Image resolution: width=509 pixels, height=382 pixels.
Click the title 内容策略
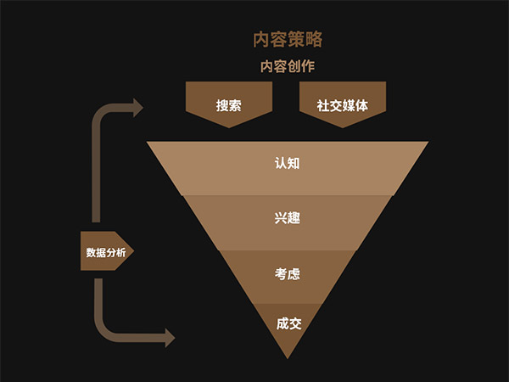click(x=288, y=39)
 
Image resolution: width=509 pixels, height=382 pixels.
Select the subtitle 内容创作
click(x=287, y=66)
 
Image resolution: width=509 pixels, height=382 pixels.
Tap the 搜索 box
click(x=228, y=106)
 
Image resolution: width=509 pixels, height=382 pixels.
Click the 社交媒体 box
click(x=343, y=106)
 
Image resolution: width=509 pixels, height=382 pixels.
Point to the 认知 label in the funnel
click(x=288, y=162)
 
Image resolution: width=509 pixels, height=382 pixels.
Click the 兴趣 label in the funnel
click(x=288, y=218)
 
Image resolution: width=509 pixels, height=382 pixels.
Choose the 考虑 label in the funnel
click(x=288, y=274)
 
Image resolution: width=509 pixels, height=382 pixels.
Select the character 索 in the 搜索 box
click(x=235, y=106)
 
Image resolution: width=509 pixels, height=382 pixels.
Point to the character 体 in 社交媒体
click(x=362, y=106)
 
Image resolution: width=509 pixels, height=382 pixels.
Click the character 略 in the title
click(x=314, y=39)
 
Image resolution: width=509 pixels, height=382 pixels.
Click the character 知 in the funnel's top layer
click(x=294, y=162)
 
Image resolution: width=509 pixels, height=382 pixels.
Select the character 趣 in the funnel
click(x=294, y=218)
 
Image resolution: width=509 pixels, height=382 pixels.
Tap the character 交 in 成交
click(x=295, y=323)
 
